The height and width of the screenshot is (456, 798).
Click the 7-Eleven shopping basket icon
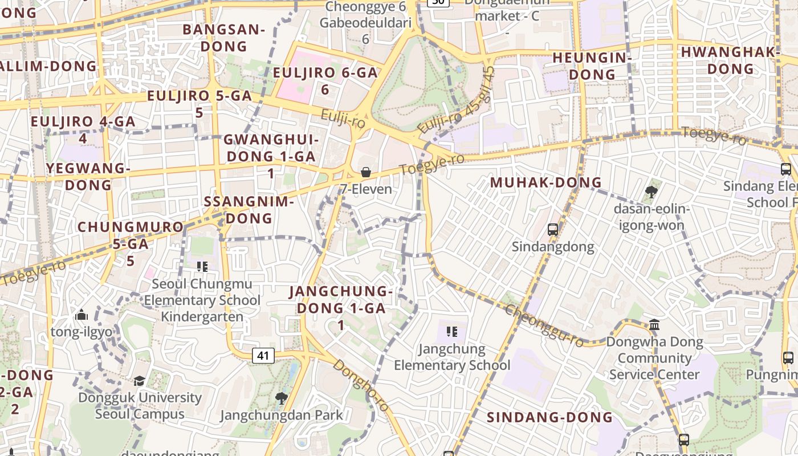click(366, 172)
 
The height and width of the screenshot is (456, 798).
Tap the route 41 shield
click(263, 356)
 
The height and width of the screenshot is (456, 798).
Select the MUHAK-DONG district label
click(546, 182)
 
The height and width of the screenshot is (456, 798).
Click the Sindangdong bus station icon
click(552, 230)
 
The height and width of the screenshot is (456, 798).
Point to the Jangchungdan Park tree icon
click(281, 398)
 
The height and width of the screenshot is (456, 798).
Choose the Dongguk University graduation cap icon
click(139, 381)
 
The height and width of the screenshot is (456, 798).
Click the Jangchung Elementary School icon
click(452, 332)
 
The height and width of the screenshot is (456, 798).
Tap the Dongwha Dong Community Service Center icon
click(654, 325)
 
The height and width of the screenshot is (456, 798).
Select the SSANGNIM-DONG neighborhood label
click(249, 209)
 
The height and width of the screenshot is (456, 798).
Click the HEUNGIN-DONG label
click(592, 66)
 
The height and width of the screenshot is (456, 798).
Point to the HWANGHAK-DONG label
click(730, 60)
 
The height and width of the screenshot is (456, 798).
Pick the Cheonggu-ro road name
click(545, 325)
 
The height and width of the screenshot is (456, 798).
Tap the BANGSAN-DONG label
click(224, 38)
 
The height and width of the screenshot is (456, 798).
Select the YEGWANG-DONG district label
click(88, 176)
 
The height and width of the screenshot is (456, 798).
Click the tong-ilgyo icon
click(81, 315)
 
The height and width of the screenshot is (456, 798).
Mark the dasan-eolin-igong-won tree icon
click(652, 192)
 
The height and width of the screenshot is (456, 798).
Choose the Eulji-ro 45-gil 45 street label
click(457, 101)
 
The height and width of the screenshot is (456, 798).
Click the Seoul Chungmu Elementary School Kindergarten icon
click(202, 266)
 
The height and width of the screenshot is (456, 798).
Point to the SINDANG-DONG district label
click(549, 417)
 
